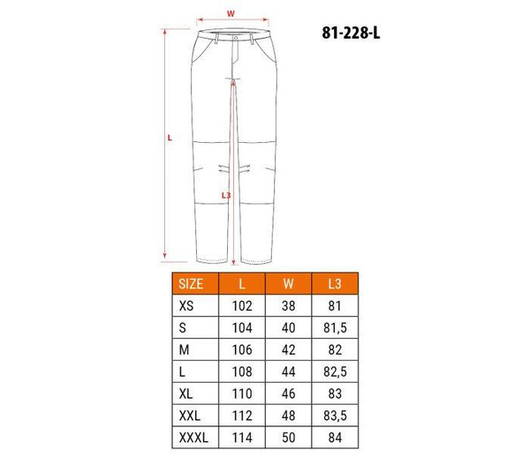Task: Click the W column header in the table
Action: point(288,283)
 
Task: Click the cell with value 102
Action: point(240,306)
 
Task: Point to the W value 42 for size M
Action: point(288,350)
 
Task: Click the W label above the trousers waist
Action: point(231,13)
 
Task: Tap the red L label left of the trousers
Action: point(170,138)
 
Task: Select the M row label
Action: point(184,350)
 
